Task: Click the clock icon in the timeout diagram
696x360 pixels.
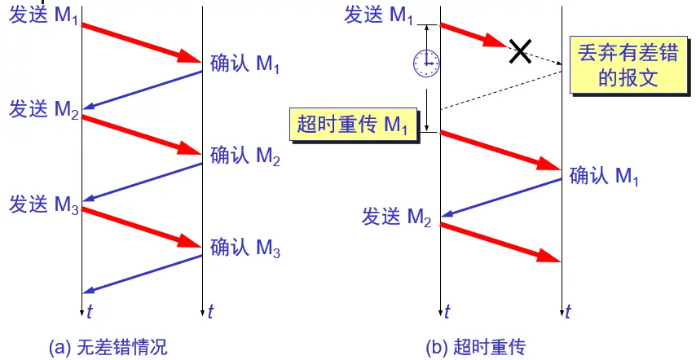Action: click(x=424, y=62)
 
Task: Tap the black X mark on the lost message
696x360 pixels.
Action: click(x=521, y=52)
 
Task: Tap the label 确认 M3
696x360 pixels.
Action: click(x=245, y=247)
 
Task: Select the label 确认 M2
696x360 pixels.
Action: click(x=245, y=155)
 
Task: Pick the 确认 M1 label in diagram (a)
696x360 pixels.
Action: click(x=245, y=63)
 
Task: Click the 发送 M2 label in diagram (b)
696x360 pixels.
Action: click(x=396, y=217)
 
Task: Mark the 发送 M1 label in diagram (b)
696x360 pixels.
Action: click(x=380, y=15)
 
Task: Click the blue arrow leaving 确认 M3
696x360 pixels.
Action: click(x=143, y=274)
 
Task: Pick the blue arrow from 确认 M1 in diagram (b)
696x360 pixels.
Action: click(x=501, y=199)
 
